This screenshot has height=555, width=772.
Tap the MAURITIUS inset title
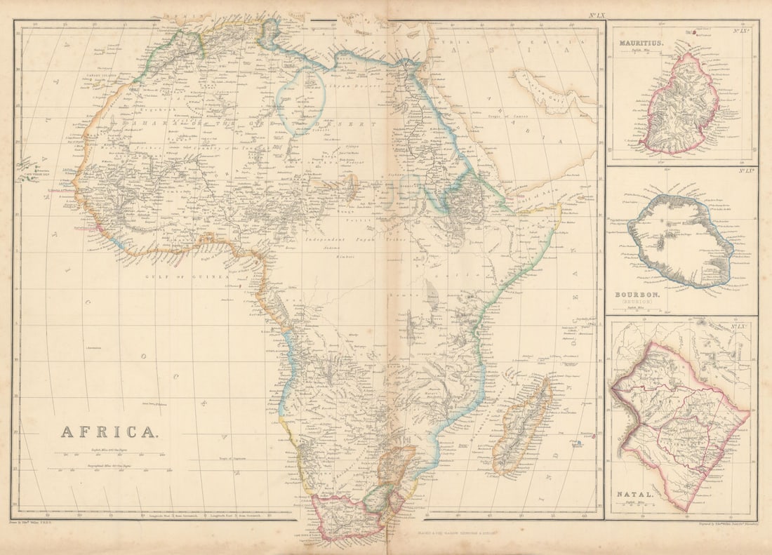pos(641,44)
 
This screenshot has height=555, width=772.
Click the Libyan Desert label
pos(344,85)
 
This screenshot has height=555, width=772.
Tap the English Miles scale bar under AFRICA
pos(112,454)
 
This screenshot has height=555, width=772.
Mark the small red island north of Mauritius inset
pos(694,31)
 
